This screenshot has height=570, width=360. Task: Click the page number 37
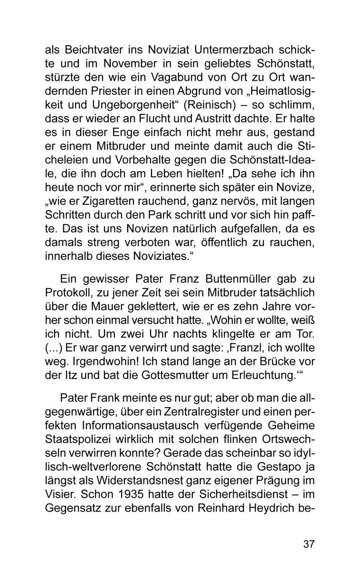[309, 544]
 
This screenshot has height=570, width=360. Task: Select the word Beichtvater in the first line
[91, 50]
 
